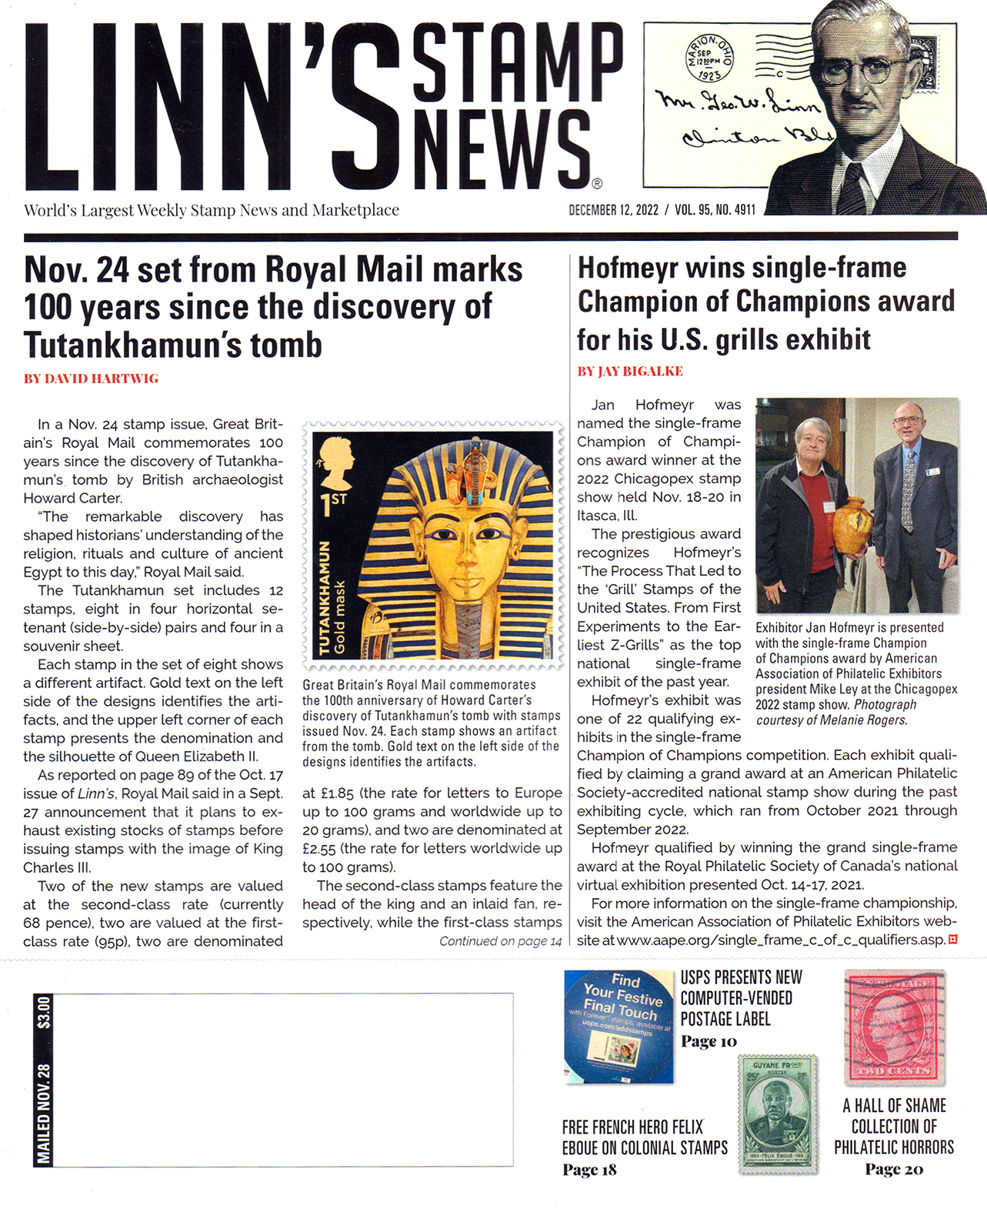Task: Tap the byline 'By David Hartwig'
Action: [91, 379]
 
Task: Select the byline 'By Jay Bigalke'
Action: [630, 371]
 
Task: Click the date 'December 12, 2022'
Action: [613, 210]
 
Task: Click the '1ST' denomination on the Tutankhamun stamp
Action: [333, 504]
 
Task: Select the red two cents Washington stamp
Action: [894, 1027]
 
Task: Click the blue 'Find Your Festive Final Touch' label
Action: [619, 1026]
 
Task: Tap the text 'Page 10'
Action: [709, 1041]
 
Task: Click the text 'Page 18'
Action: [589, 1170]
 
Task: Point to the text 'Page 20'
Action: [893, 1169]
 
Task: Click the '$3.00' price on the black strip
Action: [44, 1013]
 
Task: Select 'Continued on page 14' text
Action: [500, 941]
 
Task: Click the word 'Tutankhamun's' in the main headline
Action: [172, 344]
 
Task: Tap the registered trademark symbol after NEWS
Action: [598, 183]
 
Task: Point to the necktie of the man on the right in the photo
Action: [908, 492]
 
